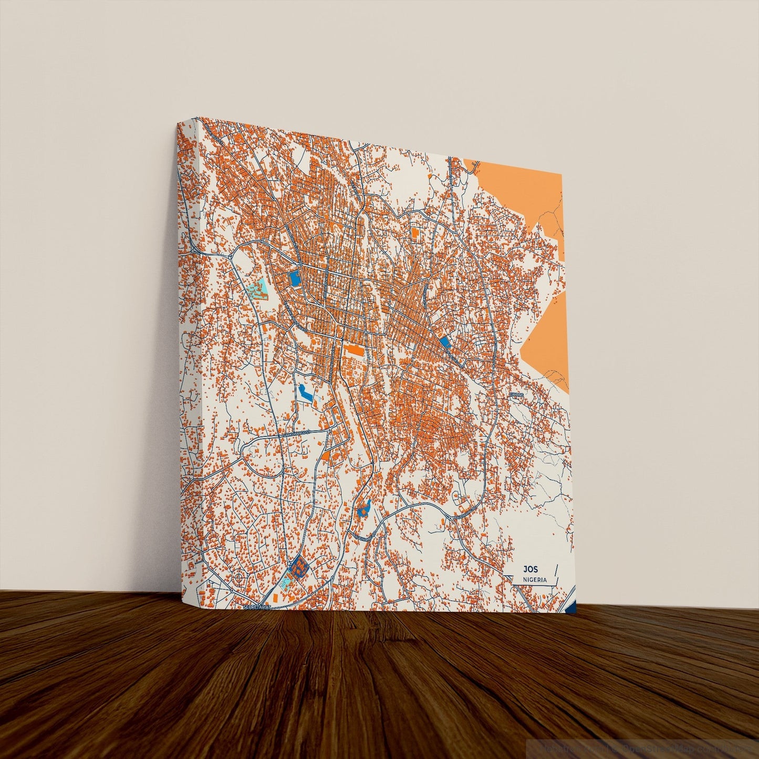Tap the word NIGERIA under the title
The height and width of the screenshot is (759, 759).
click(535, 580)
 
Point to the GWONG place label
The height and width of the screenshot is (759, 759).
click(517, 393)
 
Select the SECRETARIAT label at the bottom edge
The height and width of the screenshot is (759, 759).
click(257, 607)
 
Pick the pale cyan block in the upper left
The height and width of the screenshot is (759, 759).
click(257, 289)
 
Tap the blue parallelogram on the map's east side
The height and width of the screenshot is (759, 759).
click(445, 342)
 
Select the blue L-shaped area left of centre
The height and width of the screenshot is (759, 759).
click(305, 392)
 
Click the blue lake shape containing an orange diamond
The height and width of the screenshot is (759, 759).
click(363, 508)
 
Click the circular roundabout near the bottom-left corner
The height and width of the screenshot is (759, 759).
click(239, 578)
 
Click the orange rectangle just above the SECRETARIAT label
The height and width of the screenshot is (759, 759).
click(275, 598)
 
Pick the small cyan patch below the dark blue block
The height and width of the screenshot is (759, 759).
click(286, 581)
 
